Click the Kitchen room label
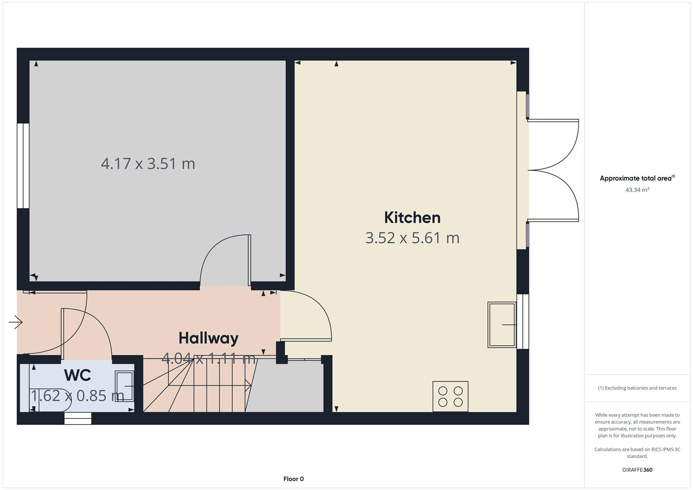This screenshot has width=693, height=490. tap(412, 218)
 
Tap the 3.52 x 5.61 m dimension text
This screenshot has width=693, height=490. tap(412, 238)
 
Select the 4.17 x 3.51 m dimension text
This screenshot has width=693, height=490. tap(148, 163)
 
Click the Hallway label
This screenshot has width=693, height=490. tap(208, 338)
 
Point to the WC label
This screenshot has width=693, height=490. tap(78, 375)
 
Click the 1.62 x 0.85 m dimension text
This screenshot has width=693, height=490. tap(78, 396)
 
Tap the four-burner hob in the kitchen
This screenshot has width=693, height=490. tap(450, 397)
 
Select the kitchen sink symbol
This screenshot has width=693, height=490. tap(502, 325)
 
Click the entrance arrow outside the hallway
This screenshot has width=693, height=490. tap(15, 322)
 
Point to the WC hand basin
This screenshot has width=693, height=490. tap(124, 386)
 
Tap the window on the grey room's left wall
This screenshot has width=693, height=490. tap(23, 166)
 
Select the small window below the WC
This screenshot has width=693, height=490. tap(78, 418)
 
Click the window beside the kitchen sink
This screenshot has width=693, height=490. tap(523, 321)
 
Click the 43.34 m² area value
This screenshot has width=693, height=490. tap(637, 190)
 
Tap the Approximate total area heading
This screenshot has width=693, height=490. tap(637, 178)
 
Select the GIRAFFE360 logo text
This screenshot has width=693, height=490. tap(637, 470)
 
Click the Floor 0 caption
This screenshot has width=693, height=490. tap(293, 479)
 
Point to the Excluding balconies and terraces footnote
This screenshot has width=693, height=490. tap(637, 388)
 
